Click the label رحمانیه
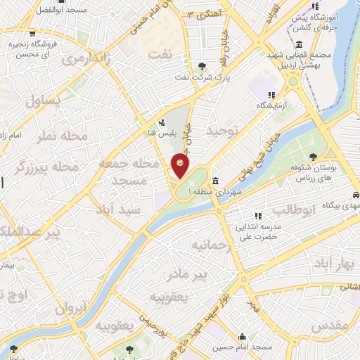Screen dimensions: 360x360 point(211,246)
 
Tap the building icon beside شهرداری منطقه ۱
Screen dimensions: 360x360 point(214,180)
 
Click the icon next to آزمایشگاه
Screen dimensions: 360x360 point(270,95)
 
